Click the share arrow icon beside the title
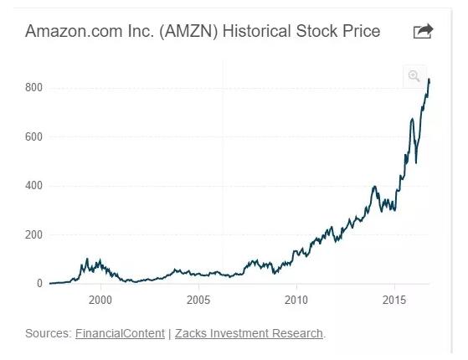(424, 31)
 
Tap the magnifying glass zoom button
(414, 76)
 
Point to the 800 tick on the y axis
(33, 88)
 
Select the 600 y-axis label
(33, 137)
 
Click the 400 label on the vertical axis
(33, 186)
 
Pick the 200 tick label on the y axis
(33, 235)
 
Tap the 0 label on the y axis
(39, 283)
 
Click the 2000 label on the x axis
(100, 300)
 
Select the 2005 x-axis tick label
(198, 300)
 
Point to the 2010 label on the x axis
(296, 300)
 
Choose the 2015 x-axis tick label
(394, 300)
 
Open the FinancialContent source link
(120, 333)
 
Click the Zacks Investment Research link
(249, 333)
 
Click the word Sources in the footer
(49, 333)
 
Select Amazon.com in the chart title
(74, 31)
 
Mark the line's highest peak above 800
(429, 79)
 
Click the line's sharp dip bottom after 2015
(416, 163)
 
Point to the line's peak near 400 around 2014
(374, 187)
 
